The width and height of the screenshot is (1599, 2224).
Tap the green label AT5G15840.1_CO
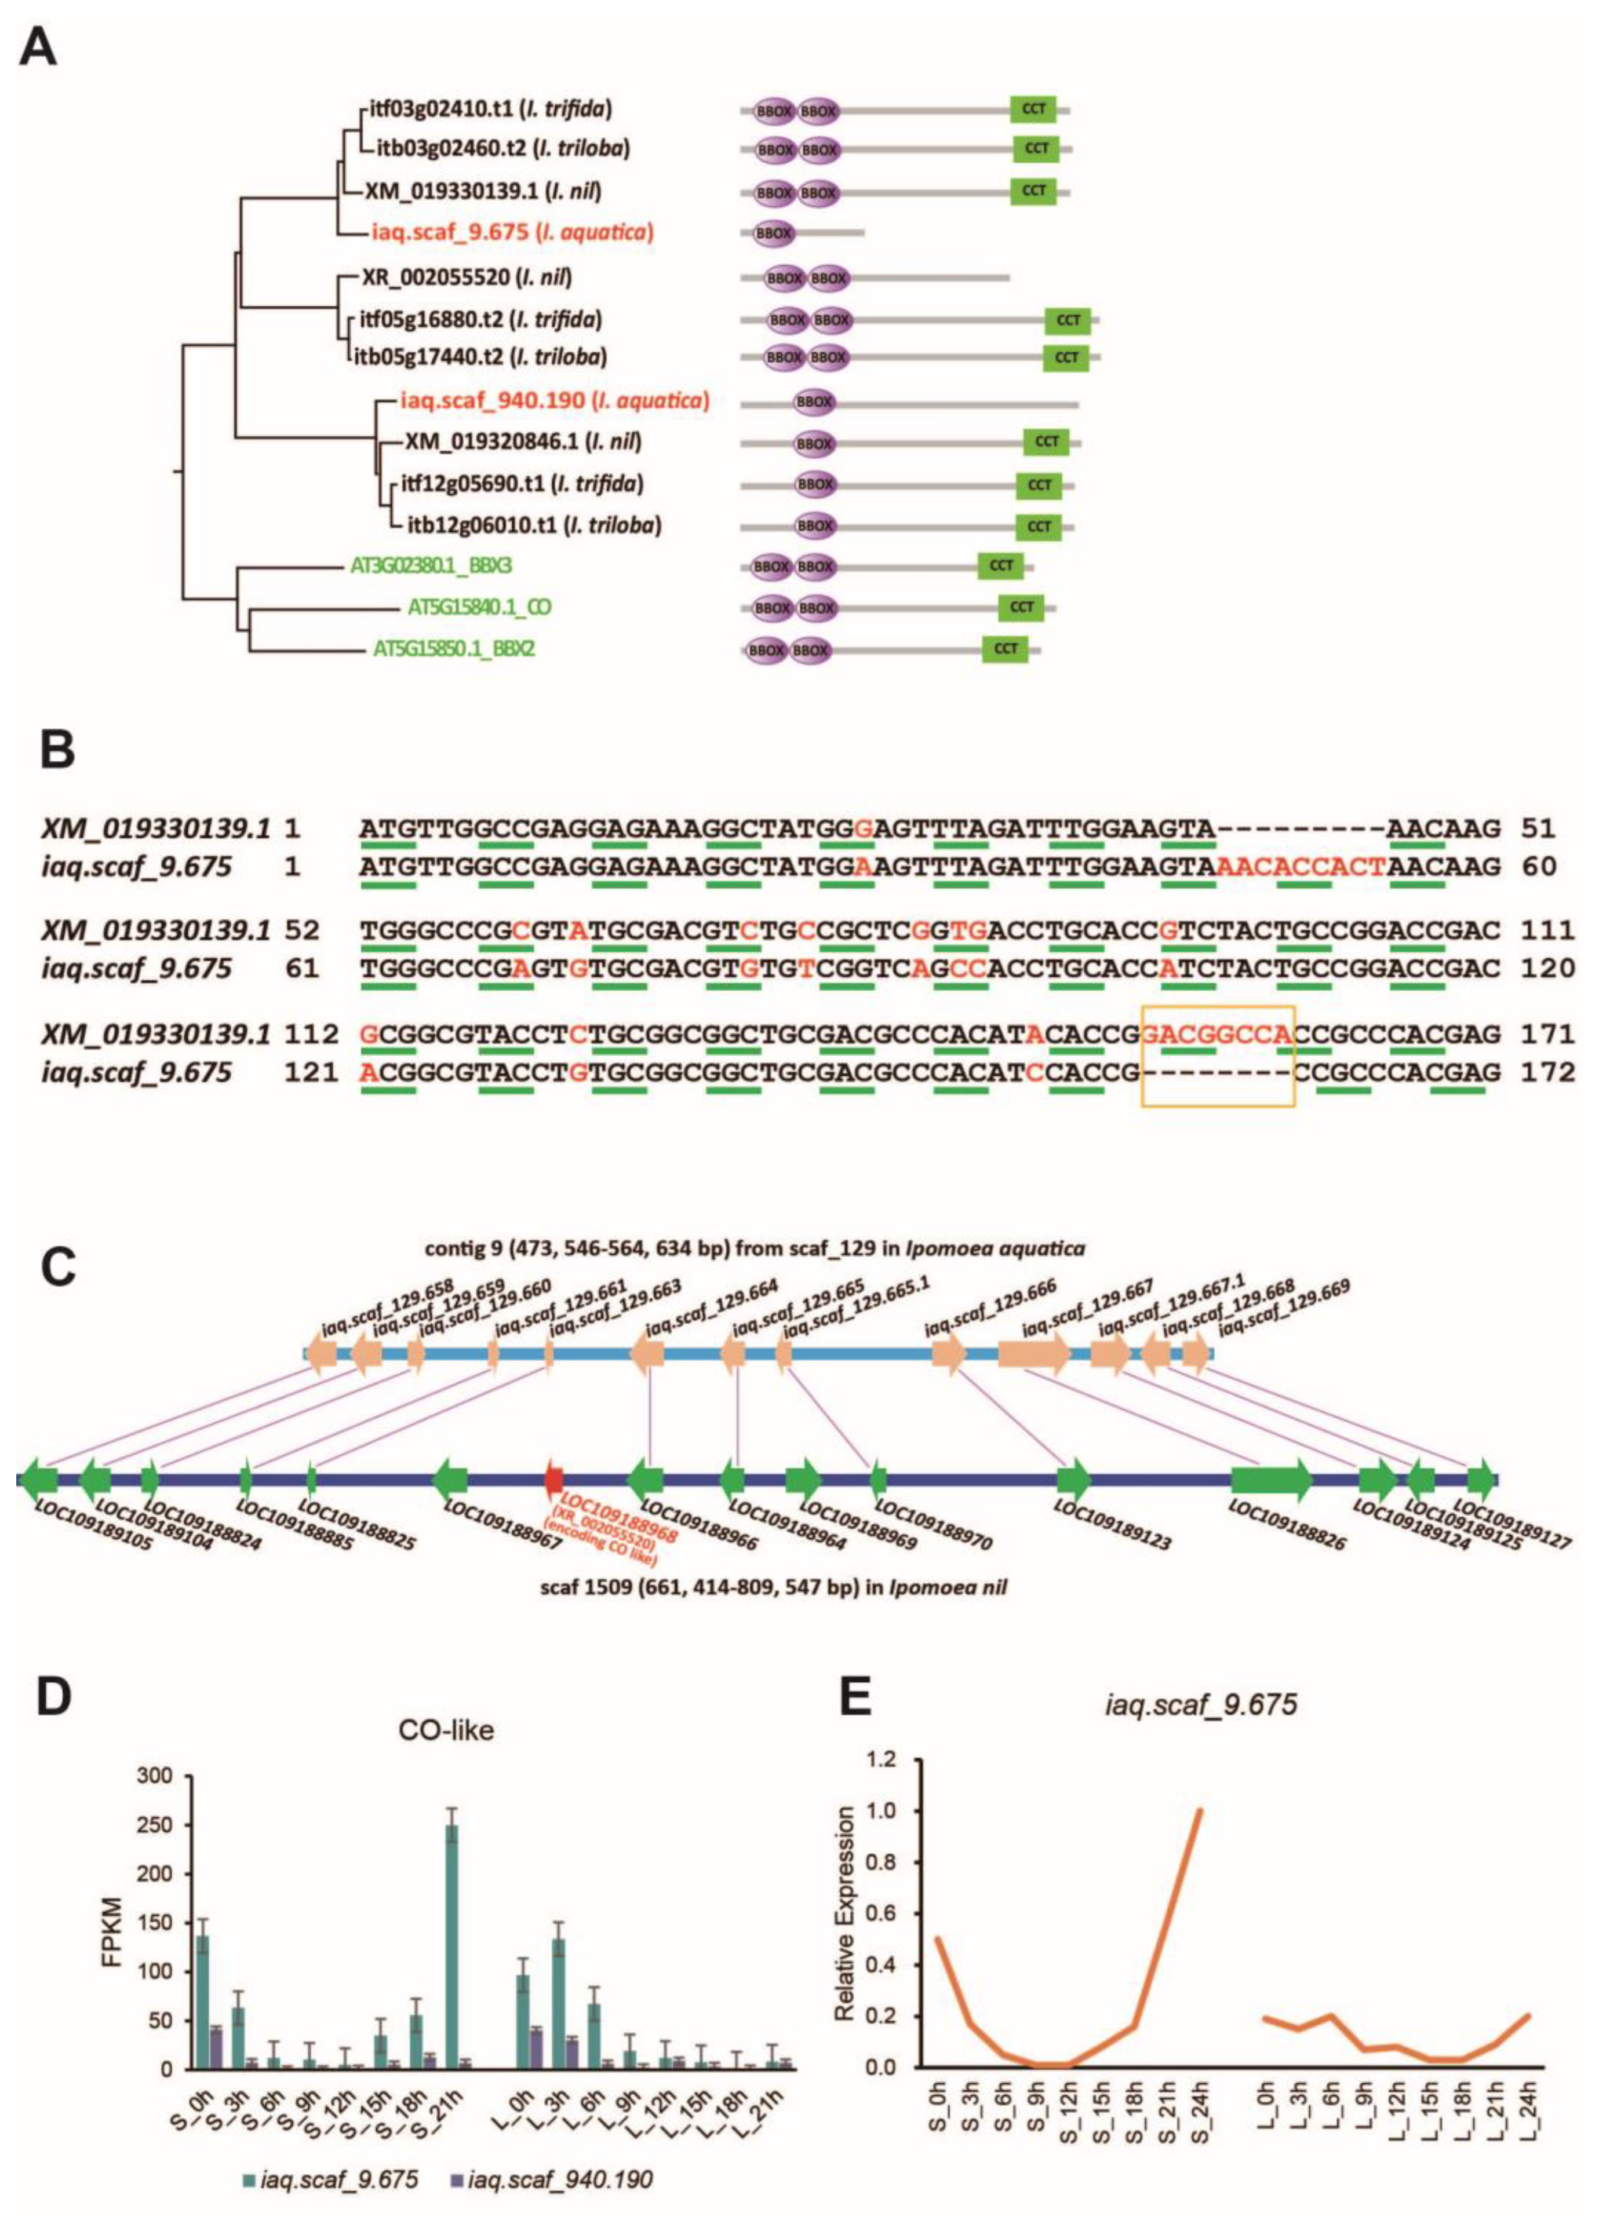tap(479, 607)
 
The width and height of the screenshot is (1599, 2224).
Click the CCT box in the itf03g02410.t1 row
tap(1033, 109)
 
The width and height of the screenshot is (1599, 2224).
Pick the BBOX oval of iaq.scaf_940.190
tap(814, 401)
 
